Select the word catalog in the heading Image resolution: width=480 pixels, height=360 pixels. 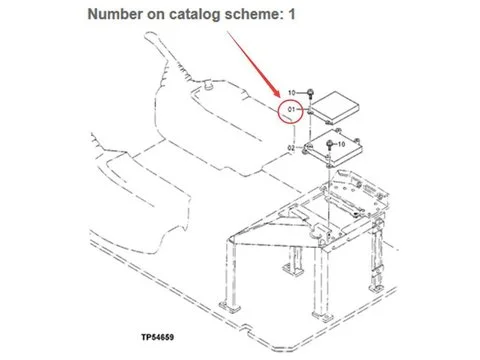pos(195,15)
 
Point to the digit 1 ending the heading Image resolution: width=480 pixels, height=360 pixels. pos(292,14)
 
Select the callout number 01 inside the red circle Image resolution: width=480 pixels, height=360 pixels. pos(292,109)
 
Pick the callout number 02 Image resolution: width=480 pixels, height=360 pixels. pos(291,148)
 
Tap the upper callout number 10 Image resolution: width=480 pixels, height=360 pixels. pos(292,93)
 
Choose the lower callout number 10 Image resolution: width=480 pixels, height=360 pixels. pos(341,144)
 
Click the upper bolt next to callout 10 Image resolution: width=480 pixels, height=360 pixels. pos(310,93)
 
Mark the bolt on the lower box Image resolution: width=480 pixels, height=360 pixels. pos(329,144)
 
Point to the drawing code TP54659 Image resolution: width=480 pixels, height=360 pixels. pos(157,337)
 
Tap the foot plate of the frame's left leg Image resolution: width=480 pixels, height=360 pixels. pos(230,306)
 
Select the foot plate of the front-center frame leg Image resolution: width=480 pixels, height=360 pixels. pos(323,316)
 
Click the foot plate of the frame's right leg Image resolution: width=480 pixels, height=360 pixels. pos(377,287)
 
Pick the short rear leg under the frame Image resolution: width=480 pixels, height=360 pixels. pos(294,262)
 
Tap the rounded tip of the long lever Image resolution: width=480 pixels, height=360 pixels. pos(150,36)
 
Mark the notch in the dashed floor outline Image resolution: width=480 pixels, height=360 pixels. pos(246,328)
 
